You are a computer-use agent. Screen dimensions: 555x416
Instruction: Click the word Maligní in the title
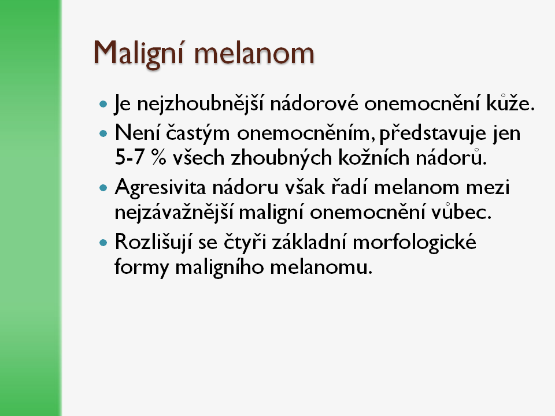(x=138, y=53)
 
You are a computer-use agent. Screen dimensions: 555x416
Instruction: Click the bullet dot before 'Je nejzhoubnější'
(x=103, y=104)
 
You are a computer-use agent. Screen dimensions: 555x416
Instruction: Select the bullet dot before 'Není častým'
(x=103, y=133)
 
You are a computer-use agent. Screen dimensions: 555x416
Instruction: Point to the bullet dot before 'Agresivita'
(x=103, y=187)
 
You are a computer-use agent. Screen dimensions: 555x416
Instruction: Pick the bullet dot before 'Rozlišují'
(x=103, y=243)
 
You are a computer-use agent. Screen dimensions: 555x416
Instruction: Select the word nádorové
(x=314, y=103)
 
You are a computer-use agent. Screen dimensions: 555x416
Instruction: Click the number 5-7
(x=129, y=157)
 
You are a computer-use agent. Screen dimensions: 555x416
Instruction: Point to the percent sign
(x=158, y=157)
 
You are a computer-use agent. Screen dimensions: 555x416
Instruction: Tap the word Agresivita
(x=160, y=187)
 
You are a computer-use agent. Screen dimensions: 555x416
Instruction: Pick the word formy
(x=142, y=267)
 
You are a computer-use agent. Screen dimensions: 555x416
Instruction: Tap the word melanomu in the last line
(x=321, y=268)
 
